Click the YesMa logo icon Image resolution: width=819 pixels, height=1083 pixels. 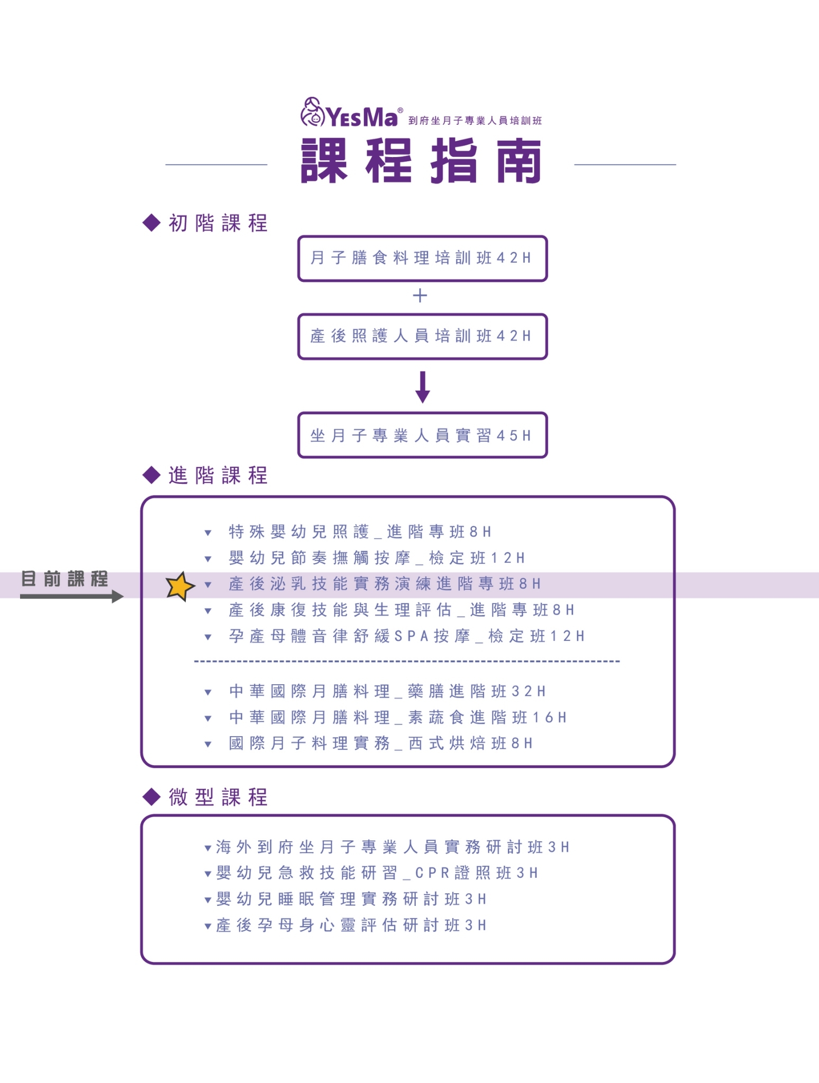pyautogui.click(x=312, y=112)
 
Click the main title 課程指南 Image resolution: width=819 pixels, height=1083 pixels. pyautogui.click(x=421, y=161)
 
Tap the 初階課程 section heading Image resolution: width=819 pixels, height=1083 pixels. pyautogui.click(x=218, y=223)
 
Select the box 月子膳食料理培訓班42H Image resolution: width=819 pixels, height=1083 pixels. pyautogui.click(x=422, y=258)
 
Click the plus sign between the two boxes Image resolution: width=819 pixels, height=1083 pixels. pyautogui.click(x=420, y=295)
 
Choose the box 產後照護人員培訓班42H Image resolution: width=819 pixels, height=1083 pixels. pyautogui.click(x=422, y=336)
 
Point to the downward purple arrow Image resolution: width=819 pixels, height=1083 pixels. pyautogui.click(x=422, y=387)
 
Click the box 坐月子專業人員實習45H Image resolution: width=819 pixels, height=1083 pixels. pyautogui.click(x=422, y=435)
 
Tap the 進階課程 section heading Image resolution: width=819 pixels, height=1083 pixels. pyautogui.click(x=218, y=475)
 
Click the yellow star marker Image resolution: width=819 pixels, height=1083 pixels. pyautogui.click(x=180, y=586)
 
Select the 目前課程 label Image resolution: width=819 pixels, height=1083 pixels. pyautogui.click(x=65, y=579)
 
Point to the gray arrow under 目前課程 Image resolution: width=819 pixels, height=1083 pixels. pyautogui.click(x=71, y=596)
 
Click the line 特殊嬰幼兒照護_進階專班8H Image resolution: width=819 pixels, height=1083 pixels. pyautogui.click(x=360, y=531)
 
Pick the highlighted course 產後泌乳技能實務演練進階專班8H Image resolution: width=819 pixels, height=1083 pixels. pyautogui.click(x=385, y=584)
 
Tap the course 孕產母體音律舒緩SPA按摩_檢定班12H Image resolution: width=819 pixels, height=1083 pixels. pyautogui.click(x=406, y=636)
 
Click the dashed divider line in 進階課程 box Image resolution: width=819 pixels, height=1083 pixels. pyautogui.click(x=407, y=662)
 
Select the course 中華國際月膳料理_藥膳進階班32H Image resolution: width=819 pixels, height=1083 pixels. pyautogui.click(x=387, y=691)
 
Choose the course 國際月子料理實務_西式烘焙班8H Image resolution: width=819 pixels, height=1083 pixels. pyautogui.click(x=380, y=744)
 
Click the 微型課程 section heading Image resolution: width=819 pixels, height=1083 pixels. pyautogui.click(x=218, y=797)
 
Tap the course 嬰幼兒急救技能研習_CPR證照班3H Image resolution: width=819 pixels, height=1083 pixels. pyautogui.click(x=377, y=873)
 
